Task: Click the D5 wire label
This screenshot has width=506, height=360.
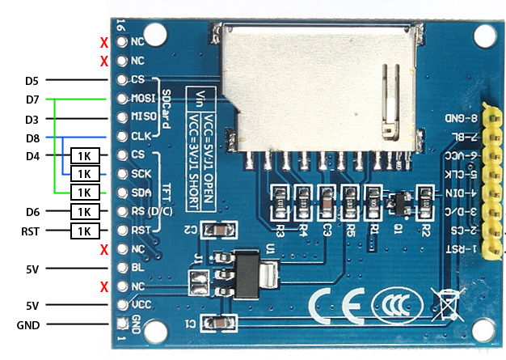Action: pos(32,81)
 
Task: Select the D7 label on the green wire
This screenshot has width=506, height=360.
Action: pos(32,100)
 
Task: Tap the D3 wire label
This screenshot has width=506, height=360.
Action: pos(32,119)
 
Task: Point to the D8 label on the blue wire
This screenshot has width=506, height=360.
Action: pos(32,138)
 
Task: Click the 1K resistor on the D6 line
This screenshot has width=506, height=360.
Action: pos(85,212)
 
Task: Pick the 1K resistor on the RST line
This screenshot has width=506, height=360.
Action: pos(85,231)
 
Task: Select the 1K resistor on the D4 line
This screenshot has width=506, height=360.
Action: pos(85,155)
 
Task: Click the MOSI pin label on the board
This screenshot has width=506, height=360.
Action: pos(142,99)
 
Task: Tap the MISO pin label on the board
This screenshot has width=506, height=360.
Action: pos(142,117)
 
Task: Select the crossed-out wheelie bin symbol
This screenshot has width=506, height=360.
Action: pos(445,303)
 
